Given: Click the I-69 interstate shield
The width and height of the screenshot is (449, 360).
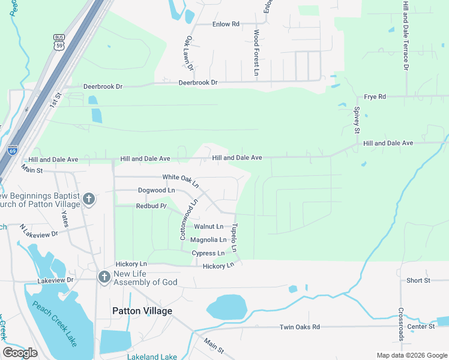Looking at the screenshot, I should point(13,150).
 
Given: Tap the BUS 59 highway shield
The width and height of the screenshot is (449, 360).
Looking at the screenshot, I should point(59,41).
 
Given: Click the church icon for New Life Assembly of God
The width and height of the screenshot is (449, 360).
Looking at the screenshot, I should point(104,277).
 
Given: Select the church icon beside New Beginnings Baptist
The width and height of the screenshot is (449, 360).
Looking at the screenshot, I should point(88,199).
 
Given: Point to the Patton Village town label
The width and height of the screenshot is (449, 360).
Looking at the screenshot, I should point(142,311).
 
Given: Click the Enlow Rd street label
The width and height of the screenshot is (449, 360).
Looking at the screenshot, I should point(226,24).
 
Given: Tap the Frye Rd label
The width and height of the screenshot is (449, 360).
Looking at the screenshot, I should point(375,97).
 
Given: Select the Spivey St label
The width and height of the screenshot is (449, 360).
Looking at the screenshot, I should point(357,120).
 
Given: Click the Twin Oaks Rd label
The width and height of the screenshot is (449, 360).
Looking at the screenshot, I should point(300,327).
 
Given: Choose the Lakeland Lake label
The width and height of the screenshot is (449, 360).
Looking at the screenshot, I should point(152,356).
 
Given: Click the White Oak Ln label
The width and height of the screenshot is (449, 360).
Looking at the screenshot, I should point(181,178).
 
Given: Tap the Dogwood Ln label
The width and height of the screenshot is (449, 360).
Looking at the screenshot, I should point(156,190).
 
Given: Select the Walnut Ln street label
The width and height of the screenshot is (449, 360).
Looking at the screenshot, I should point(208,227).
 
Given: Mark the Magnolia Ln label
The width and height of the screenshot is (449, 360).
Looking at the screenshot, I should point(208,240).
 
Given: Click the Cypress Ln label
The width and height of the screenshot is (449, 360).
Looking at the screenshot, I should point(208,253).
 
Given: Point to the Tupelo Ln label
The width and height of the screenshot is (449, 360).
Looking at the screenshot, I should point(235,238).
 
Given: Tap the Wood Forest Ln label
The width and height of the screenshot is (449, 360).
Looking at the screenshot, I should point(256,53).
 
